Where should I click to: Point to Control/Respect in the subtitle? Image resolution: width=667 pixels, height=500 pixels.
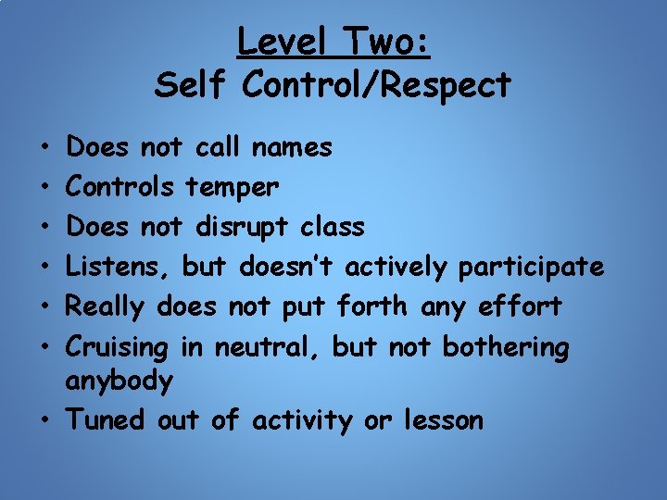(376, 85)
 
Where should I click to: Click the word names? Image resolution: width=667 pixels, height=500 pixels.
(292, 147)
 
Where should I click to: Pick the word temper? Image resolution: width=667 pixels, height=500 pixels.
(232, 188)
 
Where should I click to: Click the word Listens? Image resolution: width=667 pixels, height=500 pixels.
(120, 268)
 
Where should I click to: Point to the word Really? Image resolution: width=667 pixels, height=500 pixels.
(108, 307)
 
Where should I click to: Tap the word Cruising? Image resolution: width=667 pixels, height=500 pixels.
(119, 348)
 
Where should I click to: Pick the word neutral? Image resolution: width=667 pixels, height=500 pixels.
(269, 348)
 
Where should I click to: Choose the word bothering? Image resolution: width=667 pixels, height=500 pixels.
(506, 348)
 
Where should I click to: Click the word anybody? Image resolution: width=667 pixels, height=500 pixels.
(120, 381)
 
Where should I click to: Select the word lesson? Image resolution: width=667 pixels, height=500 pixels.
(444, 420)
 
